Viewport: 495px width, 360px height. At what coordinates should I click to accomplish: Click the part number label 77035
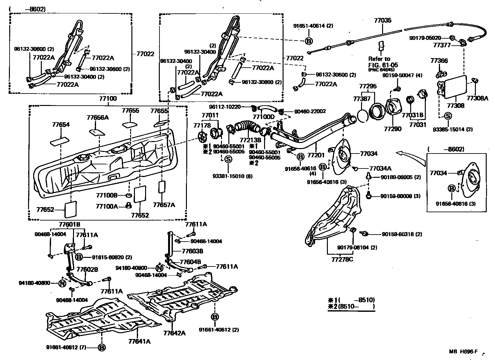pos(382,21)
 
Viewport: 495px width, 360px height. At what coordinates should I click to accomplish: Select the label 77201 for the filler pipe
pos(316,155)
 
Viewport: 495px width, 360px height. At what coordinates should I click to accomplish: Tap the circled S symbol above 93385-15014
pos(447,116)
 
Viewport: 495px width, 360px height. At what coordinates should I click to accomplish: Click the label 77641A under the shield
pos(139,341)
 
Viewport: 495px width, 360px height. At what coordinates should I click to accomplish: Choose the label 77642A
pos(174,333)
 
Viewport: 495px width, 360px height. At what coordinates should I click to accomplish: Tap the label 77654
pos(61,125)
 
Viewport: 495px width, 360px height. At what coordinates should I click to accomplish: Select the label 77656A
pos(98,117)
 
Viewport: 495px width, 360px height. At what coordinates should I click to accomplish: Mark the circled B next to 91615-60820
pos(79,257)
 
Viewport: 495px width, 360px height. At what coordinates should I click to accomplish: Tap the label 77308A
pos(477,98)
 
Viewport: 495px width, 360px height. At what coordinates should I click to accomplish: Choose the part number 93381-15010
pos(232,176)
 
